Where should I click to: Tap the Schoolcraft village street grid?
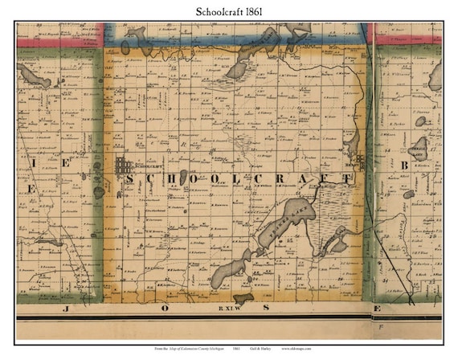123,167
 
